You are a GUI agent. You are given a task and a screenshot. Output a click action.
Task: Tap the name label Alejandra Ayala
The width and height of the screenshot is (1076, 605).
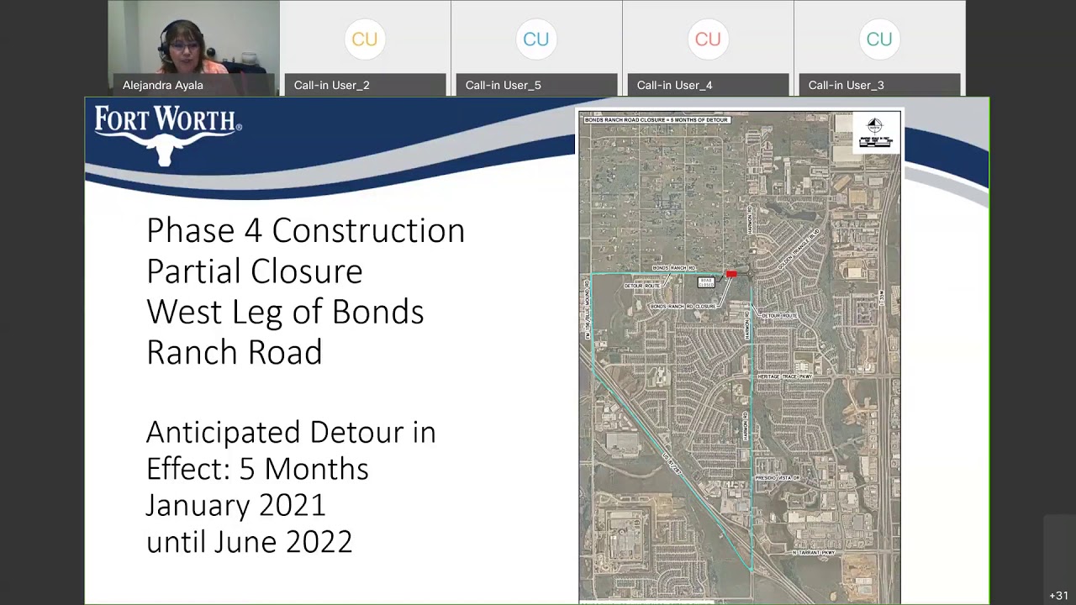pyautogui.click(x=163, y=85)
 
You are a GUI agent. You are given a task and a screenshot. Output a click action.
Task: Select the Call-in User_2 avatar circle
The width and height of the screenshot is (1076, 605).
pyautogui.click(x=365, y=39)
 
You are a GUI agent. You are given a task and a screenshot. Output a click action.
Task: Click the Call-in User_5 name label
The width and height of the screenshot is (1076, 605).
pyautogui.click(x=503, y=85)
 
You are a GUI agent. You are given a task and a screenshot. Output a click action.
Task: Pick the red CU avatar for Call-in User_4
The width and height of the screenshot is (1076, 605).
pyautogui.click(x=708, y=39)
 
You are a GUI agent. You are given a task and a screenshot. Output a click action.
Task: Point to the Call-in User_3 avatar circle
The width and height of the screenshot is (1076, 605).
pyautogui.click(x=879, y=39)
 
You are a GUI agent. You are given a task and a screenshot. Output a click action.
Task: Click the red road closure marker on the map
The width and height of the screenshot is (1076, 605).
pyautogui.click(x=731, y=274)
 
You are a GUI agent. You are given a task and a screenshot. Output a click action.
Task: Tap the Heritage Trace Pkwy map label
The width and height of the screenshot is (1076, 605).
pyautogui.click(x=784, y=376)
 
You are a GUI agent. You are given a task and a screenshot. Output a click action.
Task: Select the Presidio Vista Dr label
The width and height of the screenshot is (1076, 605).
pyautogui.click(x=777, y=477)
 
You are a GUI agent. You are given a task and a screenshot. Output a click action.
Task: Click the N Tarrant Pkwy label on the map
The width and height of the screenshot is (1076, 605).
pyautogui.click(x=814, y=553)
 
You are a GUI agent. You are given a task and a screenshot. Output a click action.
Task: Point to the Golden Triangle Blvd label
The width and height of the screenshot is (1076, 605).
pyautogui.click(x=798, y=249)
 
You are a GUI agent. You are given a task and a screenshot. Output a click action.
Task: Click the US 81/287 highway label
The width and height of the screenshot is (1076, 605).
pyautogui.click(x=670, y=463)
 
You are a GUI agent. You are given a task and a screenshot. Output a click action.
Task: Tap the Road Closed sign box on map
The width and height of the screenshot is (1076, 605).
pyautogui.click(x=706, y=283)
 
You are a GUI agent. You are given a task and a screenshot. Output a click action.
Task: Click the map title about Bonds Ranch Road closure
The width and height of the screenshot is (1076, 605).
pyautogui.click(x=656, y=120)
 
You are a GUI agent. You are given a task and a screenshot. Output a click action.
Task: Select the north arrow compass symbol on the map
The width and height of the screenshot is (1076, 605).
pyautogui.click(x=874, y=126)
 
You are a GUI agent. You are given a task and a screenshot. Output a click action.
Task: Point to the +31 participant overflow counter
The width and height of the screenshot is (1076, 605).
pyautogui.click(x=1058, y=595)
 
